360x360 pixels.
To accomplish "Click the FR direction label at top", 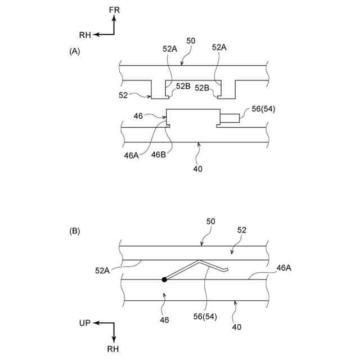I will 115,10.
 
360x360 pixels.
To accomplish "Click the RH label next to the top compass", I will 85,35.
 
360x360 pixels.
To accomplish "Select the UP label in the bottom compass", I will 85,323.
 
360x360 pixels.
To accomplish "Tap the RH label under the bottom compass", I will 114,349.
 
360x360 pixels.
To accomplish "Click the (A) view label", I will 74,51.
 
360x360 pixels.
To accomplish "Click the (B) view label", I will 74,231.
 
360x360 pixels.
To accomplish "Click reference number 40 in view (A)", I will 197,168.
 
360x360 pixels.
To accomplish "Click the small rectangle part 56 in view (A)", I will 230,118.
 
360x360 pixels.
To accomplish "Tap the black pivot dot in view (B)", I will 164,279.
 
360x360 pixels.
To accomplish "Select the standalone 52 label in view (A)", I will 124,95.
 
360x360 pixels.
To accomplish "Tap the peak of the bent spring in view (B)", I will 198,261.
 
